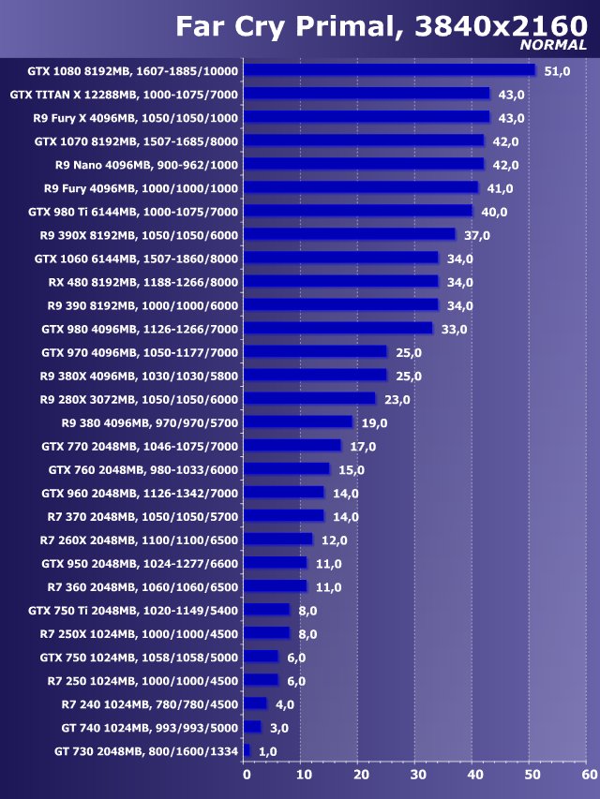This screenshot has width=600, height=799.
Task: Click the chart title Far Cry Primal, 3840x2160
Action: click(381, 26)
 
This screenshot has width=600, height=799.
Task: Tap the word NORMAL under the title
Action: click(553, 45)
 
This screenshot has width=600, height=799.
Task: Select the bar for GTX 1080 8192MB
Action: click(390, 70)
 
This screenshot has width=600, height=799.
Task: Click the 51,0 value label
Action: click(557, 71)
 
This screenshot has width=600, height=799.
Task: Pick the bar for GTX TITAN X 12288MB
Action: click(367, 94)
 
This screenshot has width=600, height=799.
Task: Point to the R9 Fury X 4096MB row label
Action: click(135, 118)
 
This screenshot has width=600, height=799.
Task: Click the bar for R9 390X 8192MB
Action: click(350, 234)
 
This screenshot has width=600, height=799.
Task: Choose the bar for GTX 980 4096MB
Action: click(338, 329)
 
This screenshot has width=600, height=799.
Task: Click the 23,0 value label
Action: click(397, 400)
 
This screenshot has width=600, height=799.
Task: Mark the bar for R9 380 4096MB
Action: click(298, 422)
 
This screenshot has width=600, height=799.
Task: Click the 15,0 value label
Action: click(351, 470)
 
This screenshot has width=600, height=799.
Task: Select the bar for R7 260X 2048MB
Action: click(278, 540)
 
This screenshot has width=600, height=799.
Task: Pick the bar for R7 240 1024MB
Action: click(256, 703)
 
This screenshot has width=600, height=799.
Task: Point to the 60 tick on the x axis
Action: click(587, 775)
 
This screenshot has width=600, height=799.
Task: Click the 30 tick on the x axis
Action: click(416, 775)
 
